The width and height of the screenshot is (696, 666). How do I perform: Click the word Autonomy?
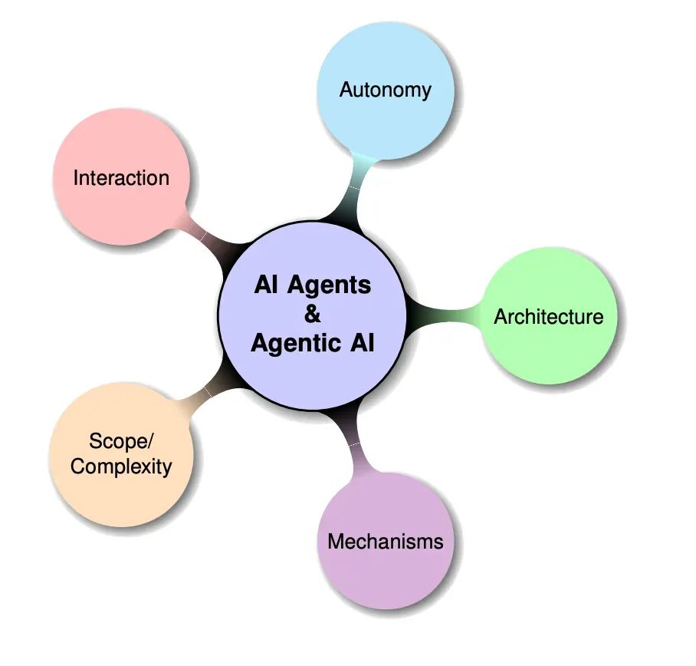386,91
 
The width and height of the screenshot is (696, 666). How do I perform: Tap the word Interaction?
121,178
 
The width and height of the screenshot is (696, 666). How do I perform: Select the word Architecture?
549,317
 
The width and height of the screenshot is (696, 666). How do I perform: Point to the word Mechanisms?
386,542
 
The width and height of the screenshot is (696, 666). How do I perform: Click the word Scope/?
121,441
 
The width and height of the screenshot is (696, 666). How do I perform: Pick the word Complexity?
121,467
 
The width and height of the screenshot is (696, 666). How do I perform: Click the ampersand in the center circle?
313,314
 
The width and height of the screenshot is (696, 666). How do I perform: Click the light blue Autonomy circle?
386,91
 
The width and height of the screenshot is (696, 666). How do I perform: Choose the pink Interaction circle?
121,176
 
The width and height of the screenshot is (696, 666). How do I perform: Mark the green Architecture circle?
549,315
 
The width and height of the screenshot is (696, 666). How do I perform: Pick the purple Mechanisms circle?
386,540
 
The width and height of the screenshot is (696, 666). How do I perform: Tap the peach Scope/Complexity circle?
121,454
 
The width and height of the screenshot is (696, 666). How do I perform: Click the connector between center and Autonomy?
355,190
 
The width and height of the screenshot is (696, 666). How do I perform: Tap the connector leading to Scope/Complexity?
206,391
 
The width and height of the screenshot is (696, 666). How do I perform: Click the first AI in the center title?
266,285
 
